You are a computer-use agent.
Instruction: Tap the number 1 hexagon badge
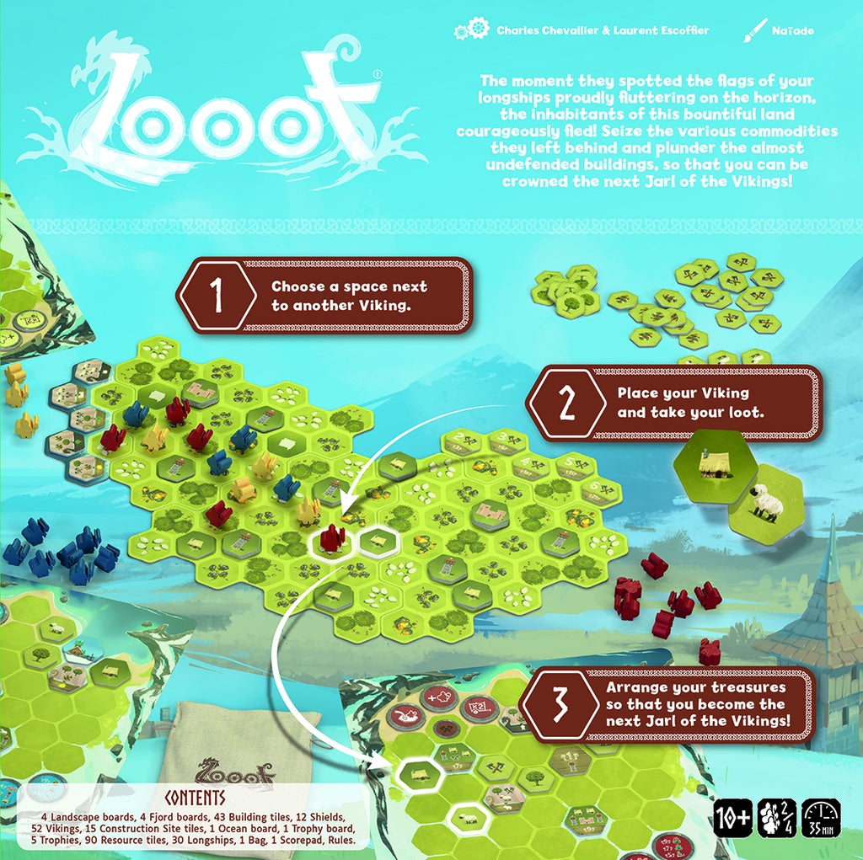click(217, 295)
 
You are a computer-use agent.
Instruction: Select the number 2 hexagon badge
click(566, 403)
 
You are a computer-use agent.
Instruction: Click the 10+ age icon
click(732, 818)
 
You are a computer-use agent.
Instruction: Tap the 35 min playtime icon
click(820, 818)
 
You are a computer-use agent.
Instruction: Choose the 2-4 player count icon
click(776, 818)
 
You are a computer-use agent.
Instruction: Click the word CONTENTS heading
click(196, 797)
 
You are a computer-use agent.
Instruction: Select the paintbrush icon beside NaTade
click(752, 31)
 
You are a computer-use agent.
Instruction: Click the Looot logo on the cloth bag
click(236, 770)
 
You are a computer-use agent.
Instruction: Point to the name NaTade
click(793, 31)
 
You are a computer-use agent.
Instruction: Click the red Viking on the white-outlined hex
click(332, 537)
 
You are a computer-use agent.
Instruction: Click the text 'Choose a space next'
click(349, 287)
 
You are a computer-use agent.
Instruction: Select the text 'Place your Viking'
click(683, 393)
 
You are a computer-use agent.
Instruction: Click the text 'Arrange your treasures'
click(695, 687)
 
